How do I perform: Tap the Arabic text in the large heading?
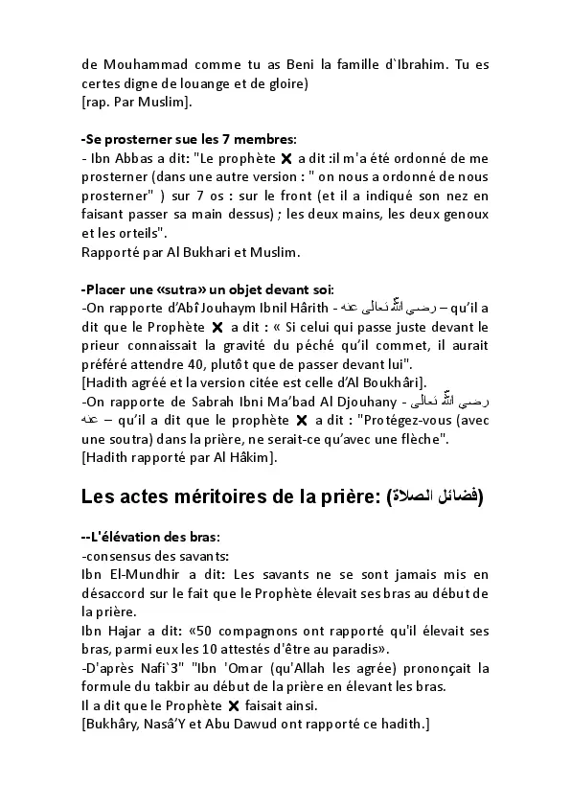(435, 496)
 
